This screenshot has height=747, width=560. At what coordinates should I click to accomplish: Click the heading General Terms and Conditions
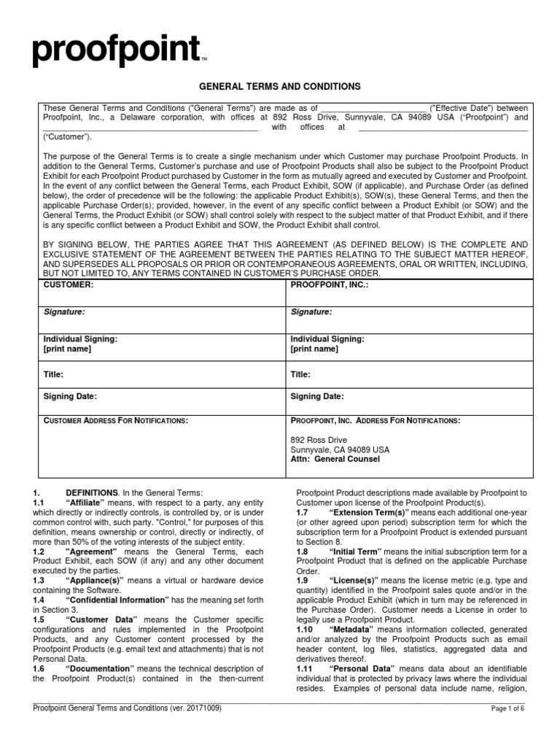coord(280,87)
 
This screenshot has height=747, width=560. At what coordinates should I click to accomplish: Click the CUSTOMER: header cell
coord(69,284)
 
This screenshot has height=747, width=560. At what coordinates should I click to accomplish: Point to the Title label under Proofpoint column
coord(300,373)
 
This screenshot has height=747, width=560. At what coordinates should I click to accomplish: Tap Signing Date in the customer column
coord(70,397)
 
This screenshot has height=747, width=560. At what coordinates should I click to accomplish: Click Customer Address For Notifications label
coord(116,421)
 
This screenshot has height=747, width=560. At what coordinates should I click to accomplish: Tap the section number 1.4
coord(39,578)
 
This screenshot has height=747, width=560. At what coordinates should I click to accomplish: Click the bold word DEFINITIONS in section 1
coord(92,493)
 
